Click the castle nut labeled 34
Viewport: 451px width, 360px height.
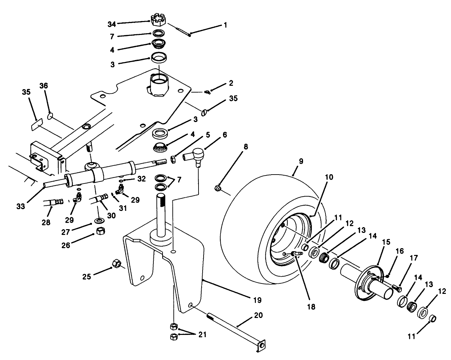pos(157,20)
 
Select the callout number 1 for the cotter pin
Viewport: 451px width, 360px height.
pos(225,25)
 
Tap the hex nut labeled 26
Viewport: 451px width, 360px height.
pos(100,231)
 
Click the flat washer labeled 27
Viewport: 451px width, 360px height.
pos(99,221)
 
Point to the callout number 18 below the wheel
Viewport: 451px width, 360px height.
pos(311,307)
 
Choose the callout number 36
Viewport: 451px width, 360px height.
pos(44,86)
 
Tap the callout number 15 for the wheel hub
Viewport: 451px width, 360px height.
pos(386,242)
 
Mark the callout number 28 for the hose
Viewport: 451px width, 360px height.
pos(46,222)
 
